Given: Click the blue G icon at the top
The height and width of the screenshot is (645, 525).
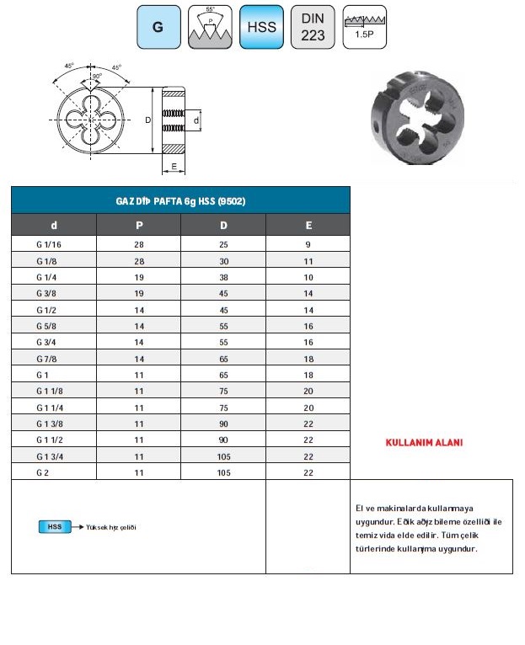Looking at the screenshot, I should tap(158, 27).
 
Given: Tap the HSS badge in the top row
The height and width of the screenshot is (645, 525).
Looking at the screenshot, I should tap(260, 27).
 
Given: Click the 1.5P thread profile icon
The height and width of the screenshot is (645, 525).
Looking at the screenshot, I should tap(364, 27).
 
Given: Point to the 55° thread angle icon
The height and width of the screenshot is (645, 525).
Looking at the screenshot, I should tap(210, 27).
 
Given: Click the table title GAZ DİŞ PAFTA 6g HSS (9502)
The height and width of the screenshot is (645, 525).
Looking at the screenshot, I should tap(180, 201).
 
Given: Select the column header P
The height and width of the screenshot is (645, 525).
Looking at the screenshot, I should tap(139, 226).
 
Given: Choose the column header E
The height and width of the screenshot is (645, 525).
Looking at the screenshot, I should tap(308, 226).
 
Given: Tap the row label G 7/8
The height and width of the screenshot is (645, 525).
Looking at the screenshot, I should tap(47, 359).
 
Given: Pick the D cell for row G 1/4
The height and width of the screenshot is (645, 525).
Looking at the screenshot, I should tap(223, 277).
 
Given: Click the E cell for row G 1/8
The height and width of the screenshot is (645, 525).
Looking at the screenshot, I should tap(308, 261).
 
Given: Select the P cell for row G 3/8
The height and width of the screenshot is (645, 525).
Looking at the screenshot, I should tap(139, 293).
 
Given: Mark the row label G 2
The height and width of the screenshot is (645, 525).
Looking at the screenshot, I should tap(44, 473).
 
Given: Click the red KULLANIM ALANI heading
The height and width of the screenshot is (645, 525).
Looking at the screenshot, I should tap(424, 443).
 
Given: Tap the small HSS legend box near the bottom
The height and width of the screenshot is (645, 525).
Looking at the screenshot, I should tap(55, 527).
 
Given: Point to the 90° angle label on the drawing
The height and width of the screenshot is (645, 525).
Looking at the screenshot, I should tap(96, 77).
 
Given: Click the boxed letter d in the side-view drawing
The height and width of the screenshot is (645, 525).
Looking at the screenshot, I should tap(196, 121).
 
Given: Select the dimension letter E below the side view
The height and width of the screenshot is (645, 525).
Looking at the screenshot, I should tap(174, 167).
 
